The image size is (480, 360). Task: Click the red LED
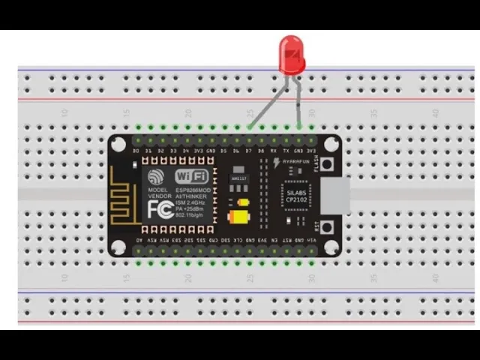point(292,54)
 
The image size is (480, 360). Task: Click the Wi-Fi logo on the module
point(192,175)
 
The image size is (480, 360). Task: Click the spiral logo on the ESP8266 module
point(156,177)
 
